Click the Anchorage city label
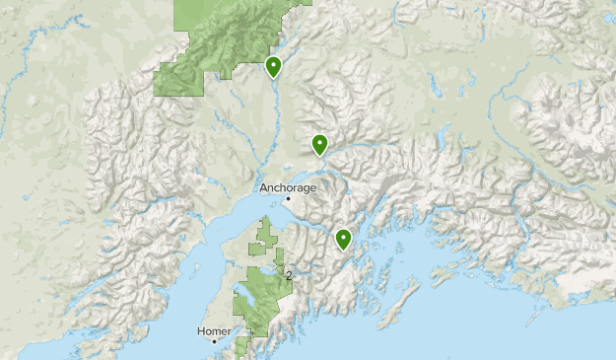[288, 187]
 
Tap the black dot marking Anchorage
[288, 199]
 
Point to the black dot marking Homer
[214, 341]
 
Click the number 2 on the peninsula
[288, 275]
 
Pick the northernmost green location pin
[273, 66]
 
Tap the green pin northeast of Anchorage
[319, 145]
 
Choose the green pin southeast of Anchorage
[343, 239]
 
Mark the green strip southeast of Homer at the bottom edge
[242, 346]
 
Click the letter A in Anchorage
[263, 187]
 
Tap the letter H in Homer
[200, 331]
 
